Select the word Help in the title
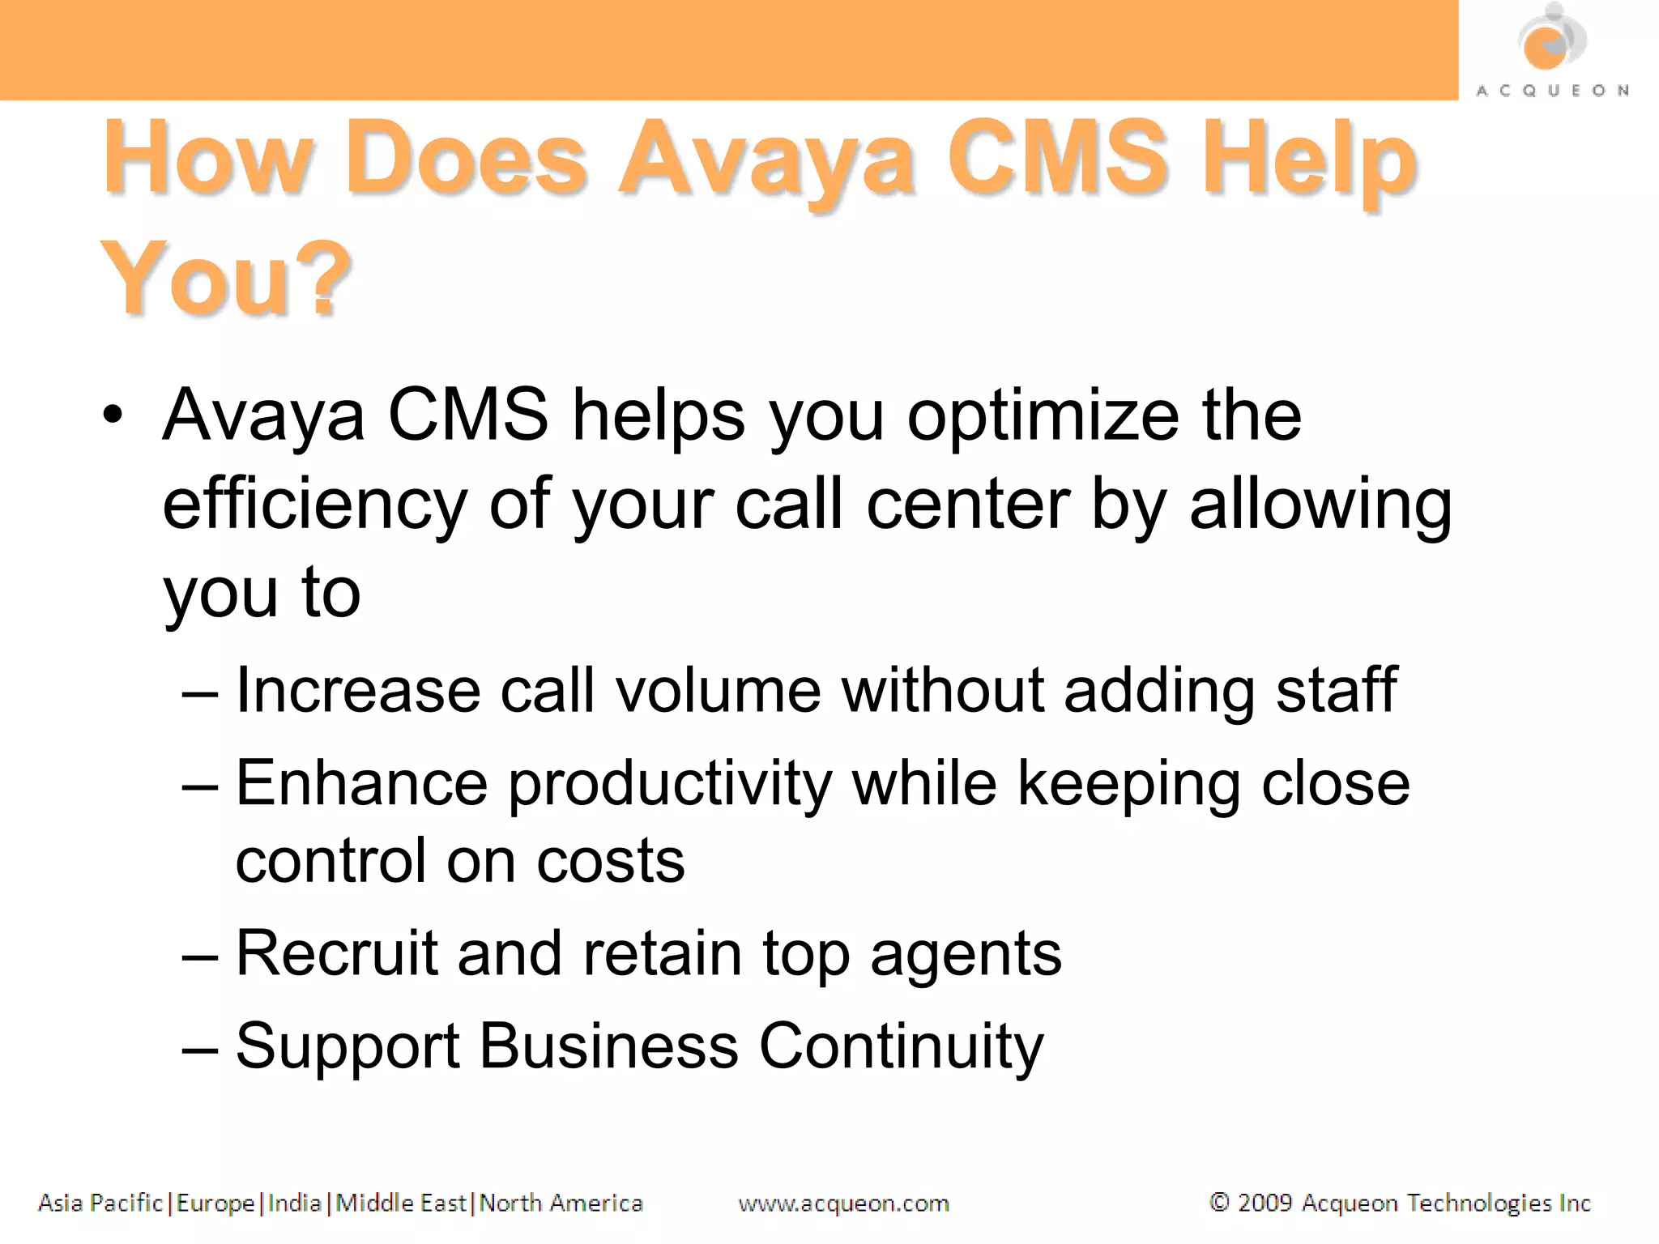point(1309,159)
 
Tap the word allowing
point(1320,505)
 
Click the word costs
point(611,861)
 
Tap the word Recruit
point(337,953)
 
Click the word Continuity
point(901,1047)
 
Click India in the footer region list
point(294,1204)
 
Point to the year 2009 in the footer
point(1265,1204)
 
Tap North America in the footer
point(561,1204)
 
